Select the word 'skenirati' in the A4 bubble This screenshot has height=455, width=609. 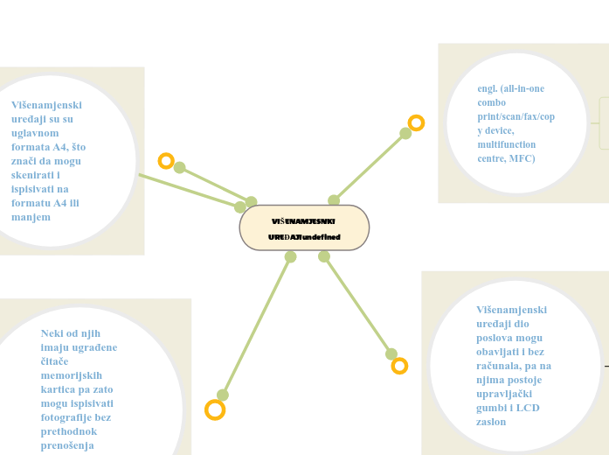[34, 174]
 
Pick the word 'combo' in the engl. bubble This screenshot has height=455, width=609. [492, 102]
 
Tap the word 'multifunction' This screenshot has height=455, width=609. [507, 144]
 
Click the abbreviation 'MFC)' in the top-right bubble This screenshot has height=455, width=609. [522, 158]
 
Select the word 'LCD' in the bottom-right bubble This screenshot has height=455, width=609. [529, 408]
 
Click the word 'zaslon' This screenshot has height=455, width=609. [491, 422]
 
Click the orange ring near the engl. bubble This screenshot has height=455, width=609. [416, 123]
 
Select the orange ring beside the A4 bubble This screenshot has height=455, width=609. [166, 161]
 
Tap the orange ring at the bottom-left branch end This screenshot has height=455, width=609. [215, 409]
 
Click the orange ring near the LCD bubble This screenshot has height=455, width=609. [399, 366]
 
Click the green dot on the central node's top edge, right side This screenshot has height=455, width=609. [334, 200]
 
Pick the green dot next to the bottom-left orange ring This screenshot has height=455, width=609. [223, 395]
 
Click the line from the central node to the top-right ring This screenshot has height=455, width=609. [370, 167]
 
